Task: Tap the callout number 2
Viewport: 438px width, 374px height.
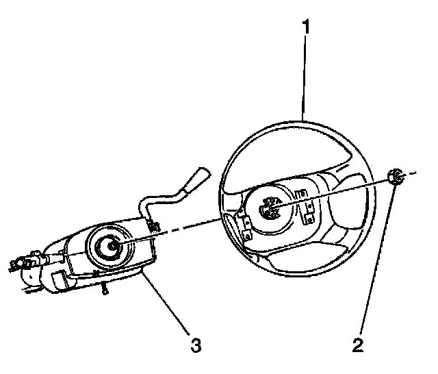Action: click(x=357, y=345)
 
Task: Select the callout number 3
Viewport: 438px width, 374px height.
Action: click(x=196, y=345)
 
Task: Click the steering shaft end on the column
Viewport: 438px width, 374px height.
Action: click(x=109, y=244)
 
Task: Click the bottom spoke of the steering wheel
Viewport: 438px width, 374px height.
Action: click(x=287, y=264)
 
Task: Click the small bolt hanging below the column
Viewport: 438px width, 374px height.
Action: click(x=104, y=290)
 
